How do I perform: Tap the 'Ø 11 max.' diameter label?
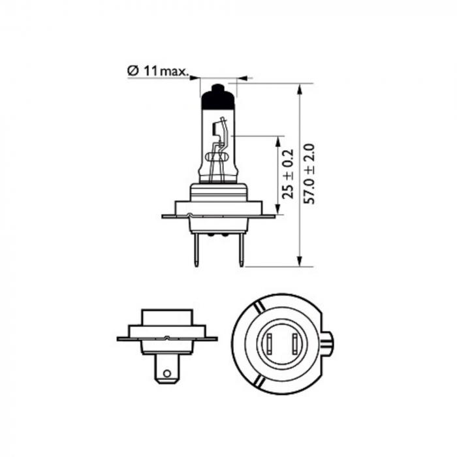point(157,70)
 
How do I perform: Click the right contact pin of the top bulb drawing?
point(241,251)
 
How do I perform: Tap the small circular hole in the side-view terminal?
point(167,374)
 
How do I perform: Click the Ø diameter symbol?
point(131,70)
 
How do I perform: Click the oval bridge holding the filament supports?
point(218,157)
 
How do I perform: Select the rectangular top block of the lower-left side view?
point(166,318)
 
